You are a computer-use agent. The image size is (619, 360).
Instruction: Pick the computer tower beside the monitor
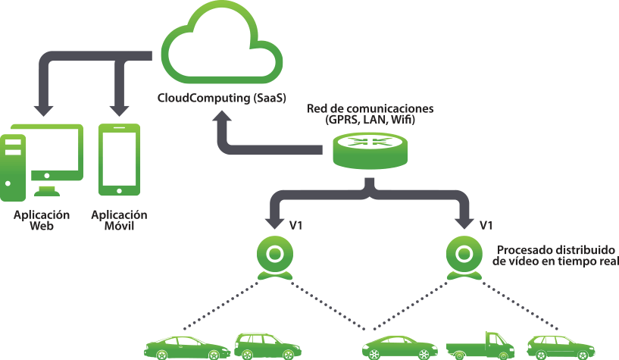[x=13, y=164]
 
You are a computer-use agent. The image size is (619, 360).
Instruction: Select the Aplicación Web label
[x=41, y=220]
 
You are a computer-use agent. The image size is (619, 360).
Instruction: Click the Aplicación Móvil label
[x=119, y=220]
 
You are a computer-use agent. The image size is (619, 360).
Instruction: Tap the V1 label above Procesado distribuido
[x=486, y=225]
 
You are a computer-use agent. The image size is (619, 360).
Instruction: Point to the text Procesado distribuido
[x=555, y=249]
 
